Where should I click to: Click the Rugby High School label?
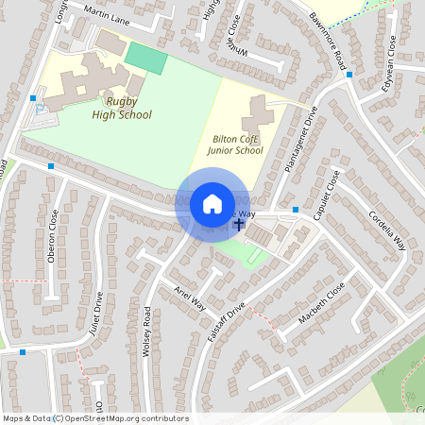(x=122, y=109)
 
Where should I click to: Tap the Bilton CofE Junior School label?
(x=236, y=144)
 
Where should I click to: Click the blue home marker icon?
(x=212, y=204)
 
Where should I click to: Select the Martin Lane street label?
(x=107, y=12)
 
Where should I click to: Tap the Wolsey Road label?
(x=146, y=331)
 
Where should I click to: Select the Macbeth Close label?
(x=322, y=303)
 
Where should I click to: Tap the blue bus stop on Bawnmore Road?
(x=349, y=74)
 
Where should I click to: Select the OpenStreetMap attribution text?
(x=95, y=418)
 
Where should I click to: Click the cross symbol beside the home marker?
(x=238, y=225)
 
